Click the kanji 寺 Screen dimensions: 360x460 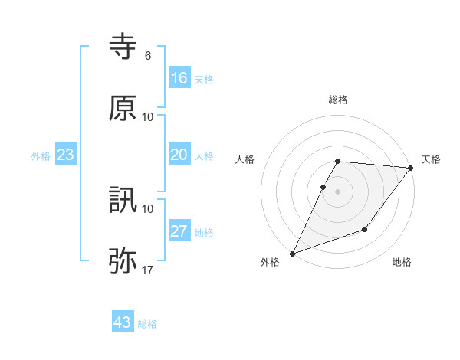click(x=123, y=47)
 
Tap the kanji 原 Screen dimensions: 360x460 click(x=123, y=108)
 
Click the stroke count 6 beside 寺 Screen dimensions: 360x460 click(x=148, y=56)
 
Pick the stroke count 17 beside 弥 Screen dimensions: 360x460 click(x=148, y=270)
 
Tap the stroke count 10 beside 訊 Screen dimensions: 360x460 click(x=148, y=208)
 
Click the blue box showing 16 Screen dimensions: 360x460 click(x=179, y=78)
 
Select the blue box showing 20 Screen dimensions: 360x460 click(x=179, y=155)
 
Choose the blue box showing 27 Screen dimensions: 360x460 click(x=179, y=231)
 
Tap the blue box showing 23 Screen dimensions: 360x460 click(x=66, y=155)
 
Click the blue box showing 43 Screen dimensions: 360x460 click(x=123, y=322)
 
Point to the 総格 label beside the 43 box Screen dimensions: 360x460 click(x=147, y=324)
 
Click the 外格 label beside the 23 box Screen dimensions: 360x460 click(x=41, y=156)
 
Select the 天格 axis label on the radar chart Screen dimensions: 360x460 click(x=431, y=159)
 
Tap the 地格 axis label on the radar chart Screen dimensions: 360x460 click(x=402, y=263)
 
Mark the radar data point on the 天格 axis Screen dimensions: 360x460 click(x=410, y=168)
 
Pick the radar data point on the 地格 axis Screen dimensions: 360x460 click(x=365, y=229)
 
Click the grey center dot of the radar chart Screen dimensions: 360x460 click(x=337, y=191)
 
